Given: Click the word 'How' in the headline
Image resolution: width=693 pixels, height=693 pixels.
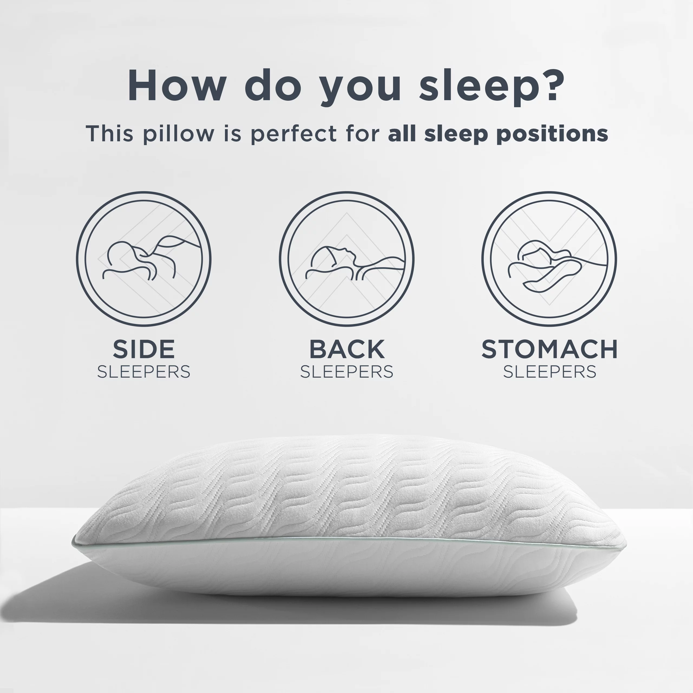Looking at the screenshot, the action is click(x=177, y=85).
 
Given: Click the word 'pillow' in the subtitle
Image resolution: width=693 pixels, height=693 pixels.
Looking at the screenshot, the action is click(x=178, y=133).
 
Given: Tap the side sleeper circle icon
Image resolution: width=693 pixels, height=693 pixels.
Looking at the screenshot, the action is click(x=143, y=259).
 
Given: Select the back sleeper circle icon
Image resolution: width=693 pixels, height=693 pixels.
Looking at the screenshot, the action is click(x=346, y=259).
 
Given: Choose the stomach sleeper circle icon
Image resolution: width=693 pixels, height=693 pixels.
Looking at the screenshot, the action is click(x=549, y=259).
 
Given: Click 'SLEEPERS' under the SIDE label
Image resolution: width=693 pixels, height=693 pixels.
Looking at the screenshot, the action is click(x=143, y=372).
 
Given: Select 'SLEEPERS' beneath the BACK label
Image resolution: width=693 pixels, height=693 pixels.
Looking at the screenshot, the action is click(x=346, y=372).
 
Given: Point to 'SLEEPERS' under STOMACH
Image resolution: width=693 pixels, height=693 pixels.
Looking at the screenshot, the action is click(x=550, y=372).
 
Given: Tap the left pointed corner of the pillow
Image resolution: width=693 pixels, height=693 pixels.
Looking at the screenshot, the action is click(x=73, y=543).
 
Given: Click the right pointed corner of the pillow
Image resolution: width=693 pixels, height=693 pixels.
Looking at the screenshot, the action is click(x=626, y=544).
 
